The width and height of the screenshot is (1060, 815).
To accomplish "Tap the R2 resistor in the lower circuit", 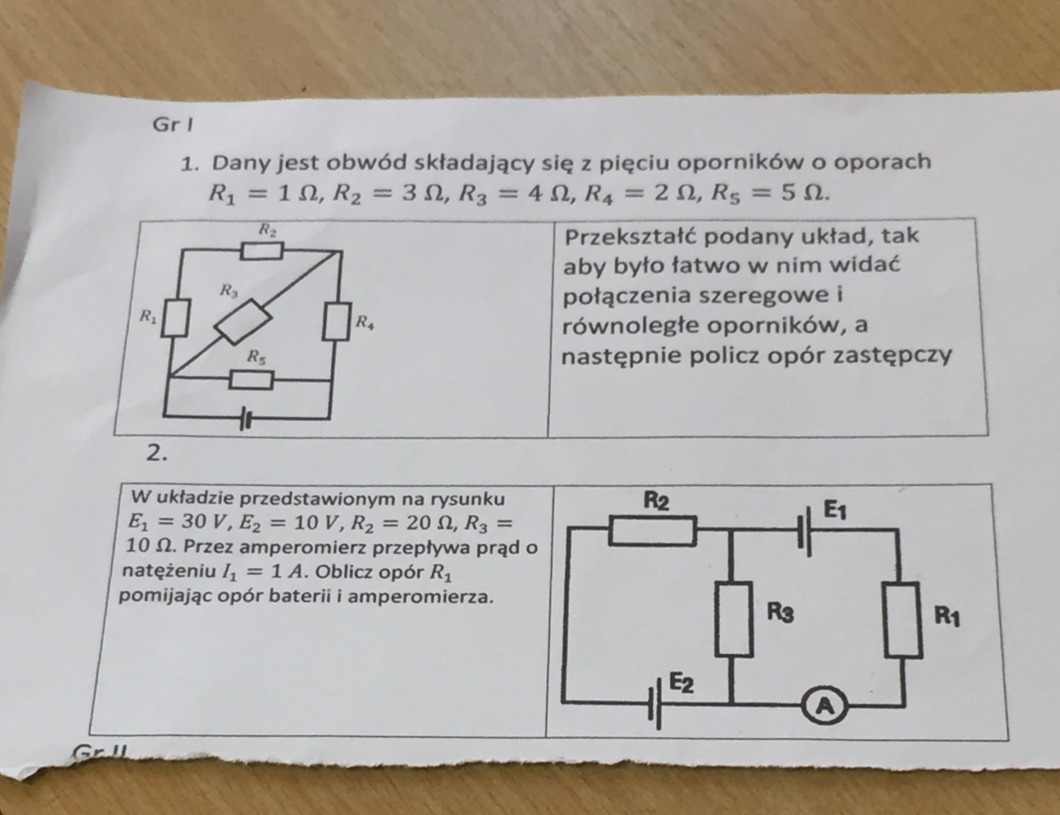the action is coord(653,531).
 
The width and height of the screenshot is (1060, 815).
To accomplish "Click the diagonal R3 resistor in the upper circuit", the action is coord(242,322).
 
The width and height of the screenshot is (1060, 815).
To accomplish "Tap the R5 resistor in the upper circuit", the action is coord(251,380).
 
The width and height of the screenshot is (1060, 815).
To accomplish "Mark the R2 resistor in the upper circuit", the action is coord(262,251).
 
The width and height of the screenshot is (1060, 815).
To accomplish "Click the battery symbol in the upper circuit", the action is coord(246,419).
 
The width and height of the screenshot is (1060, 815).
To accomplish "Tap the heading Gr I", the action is coord(173,125).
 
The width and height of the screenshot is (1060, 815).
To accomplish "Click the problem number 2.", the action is coord(157,454).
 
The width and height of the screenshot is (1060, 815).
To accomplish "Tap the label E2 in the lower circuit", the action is coord(682,683).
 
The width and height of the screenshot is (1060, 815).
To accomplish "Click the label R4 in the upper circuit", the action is coord(365,322).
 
